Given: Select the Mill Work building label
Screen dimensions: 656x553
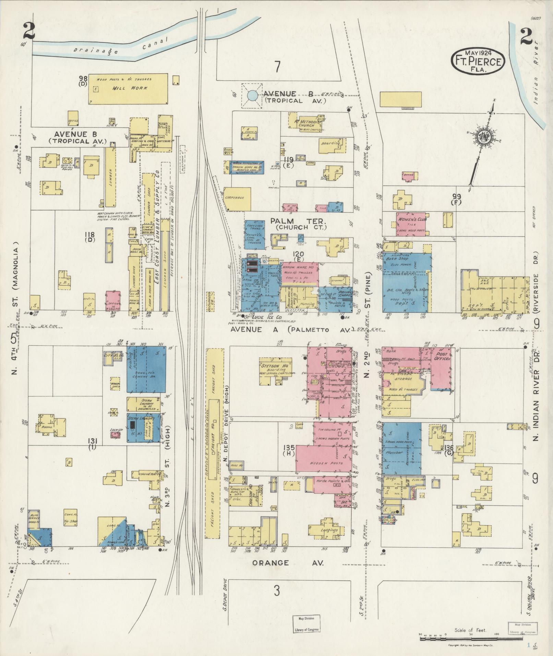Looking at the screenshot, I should coord(130,88).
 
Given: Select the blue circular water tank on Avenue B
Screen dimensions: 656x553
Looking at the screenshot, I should coord(253,95).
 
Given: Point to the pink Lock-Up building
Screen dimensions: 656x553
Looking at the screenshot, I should coord(115,435).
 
